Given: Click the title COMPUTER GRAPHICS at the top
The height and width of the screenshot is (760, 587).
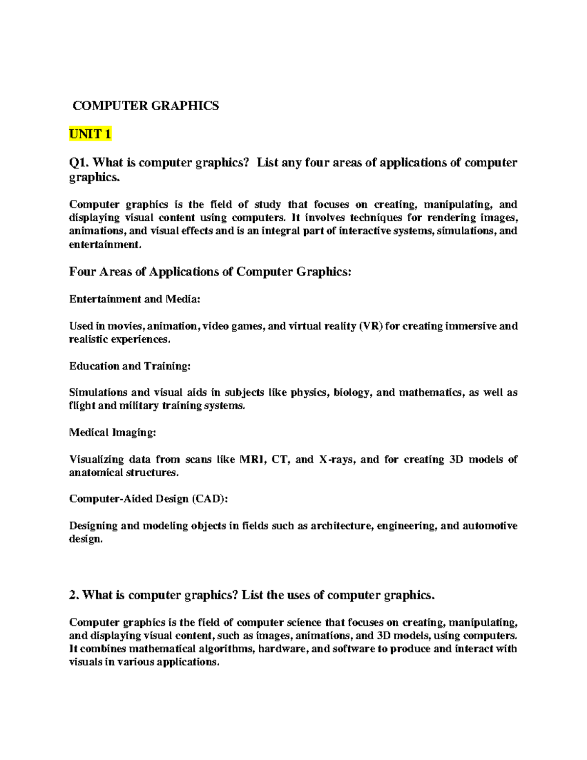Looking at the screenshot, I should [x=146, y=105].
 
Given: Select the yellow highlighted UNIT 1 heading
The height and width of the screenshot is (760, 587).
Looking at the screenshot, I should [x=90, y=134].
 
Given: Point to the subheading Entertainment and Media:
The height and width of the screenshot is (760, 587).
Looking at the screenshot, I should [x=135, y=299].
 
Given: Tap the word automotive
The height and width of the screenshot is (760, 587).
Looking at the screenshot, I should [x=489, y=526].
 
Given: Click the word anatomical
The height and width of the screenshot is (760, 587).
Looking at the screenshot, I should [x=96, y=473].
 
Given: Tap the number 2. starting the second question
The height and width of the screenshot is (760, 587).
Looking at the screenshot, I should [x=74, y=595].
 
